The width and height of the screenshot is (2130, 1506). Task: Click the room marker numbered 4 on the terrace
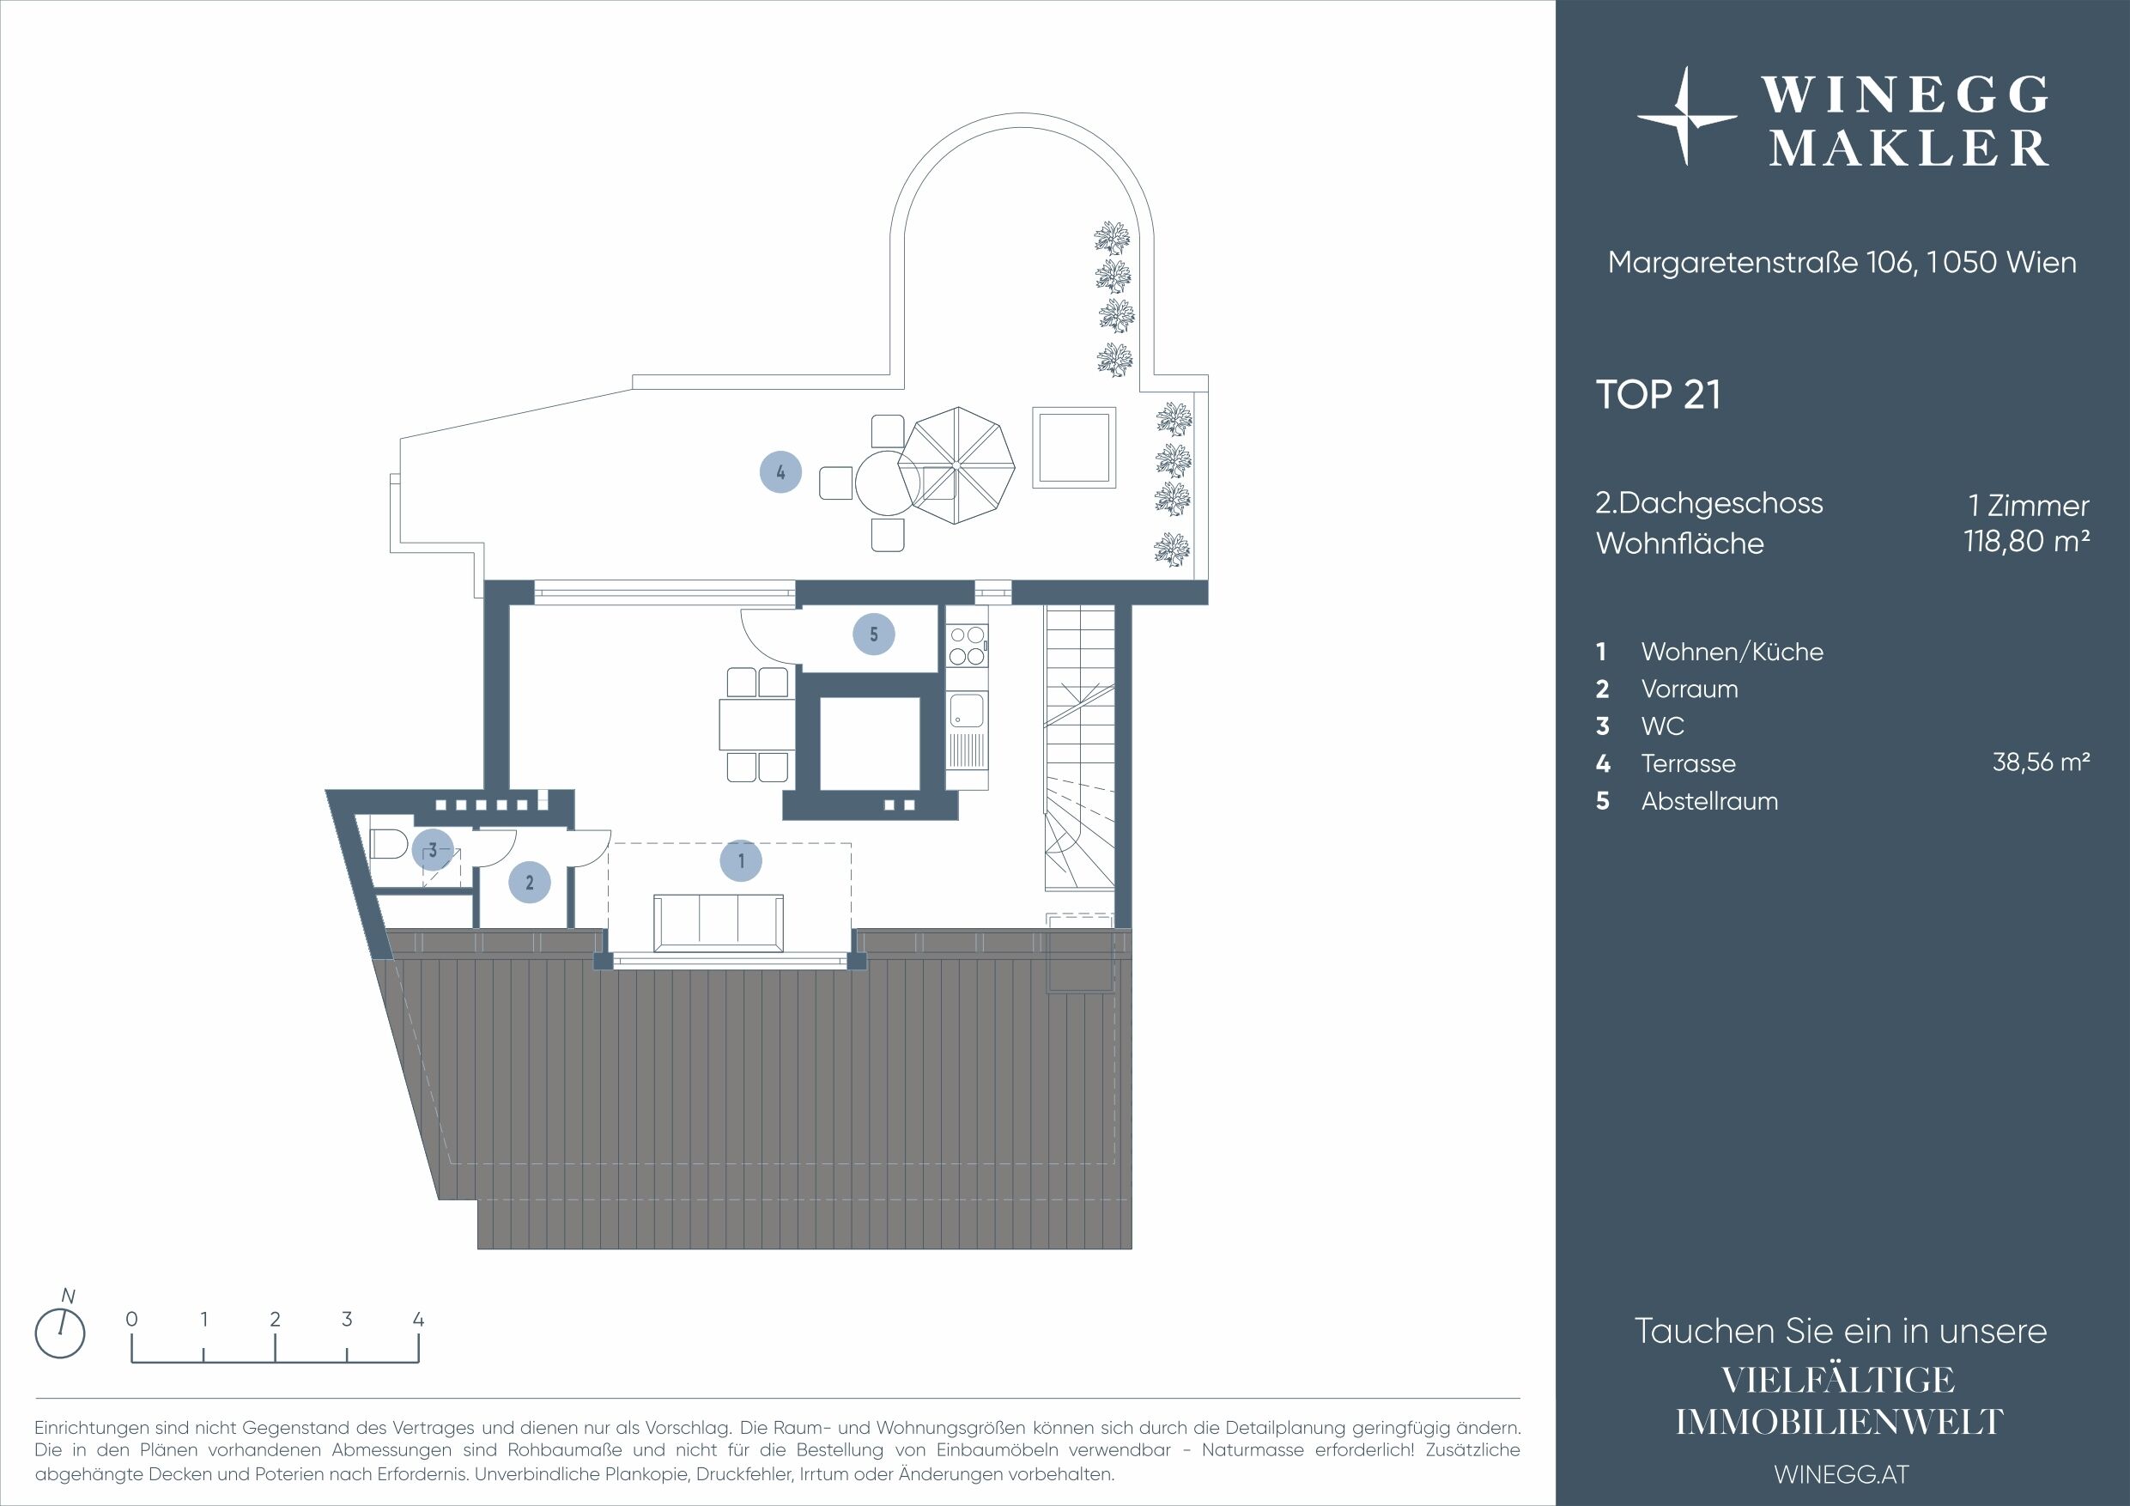coord(780,471)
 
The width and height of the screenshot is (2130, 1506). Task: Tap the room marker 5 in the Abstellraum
coord(874,635)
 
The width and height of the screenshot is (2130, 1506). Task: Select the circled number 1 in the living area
coord(741,861)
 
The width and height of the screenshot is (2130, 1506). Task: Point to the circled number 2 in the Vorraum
coord(530,883)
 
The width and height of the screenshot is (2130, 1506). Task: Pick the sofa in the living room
coord(718,922)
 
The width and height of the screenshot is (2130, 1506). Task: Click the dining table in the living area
coord(757,725)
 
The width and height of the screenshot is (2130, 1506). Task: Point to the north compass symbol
coord(60,1333)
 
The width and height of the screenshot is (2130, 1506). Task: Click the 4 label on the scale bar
coord(418,1319)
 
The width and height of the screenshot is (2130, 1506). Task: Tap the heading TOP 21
coord(1658,394)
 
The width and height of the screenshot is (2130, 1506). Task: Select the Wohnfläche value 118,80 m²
coord(2026,541)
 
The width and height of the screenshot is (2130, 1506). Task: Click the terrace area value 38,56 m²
coord(2041,762)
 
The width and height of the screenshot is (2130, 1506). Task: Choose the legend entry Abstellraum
coord(1709,801)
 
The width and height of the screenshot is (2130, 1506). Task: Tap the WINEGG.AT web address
coord(1841,1473)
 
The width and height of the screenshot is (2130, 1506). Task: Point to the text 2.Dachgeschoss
coord(1708,504)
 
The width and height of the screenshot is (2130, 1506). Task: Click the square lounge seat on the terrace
coord(1074,448)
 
